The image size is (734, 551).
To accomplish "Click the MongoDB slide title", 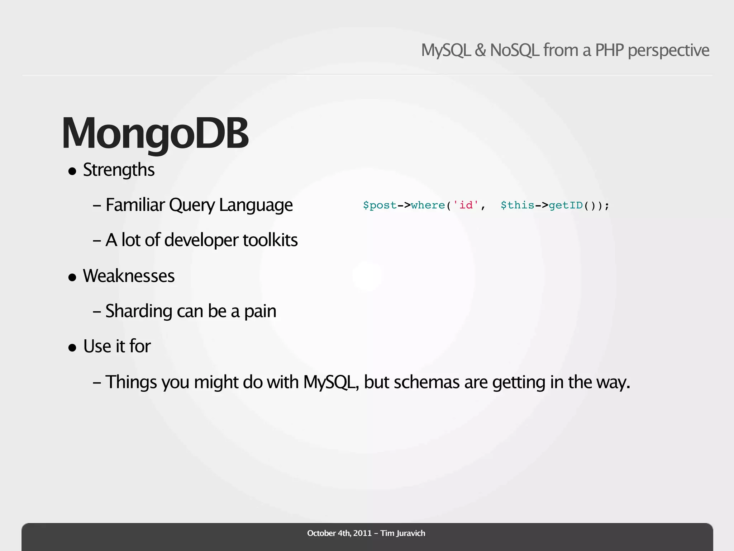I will (x=155, y=133).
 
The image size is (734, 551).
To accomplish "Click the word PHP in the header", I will (x=609, y=50).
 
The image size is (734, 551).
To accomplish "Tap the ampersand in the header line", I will (x=480, y=50).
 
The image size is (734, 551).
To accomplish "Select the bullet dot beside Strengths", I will (x=72, y=171).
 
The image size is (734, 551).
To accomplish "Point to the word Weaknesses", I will (x=129, y=276).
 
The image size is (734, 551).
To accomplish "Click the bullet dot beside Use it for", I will (x=72, y=348).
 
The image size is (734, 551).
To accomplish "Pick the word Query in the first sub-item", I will (x=192, y=205).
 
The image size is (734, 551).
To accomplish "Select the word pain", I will (x=260, y=311).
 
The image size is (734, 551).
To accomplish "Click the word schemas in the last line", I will (x=426, y=382).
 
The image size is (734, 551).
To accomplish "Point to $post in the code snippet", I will (x=380, y=205).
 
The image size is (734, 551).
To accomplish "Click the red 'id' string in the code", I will (x=466, y=205).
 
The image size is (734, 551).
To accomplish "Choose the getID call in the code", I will (x=566, y=205).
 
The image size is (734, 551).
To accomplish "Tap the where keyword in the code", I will (x=428, y=205).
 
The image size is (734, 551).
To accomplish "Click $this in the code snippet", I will (x=517, y=205).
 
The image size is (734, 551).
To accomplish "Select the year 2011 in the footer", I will (x=362, y=533).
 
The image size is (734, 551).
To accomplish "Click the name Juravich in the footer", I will (x=411, y=533).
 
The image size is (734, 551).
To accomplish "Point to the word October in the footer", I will (x=321, y=533).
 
